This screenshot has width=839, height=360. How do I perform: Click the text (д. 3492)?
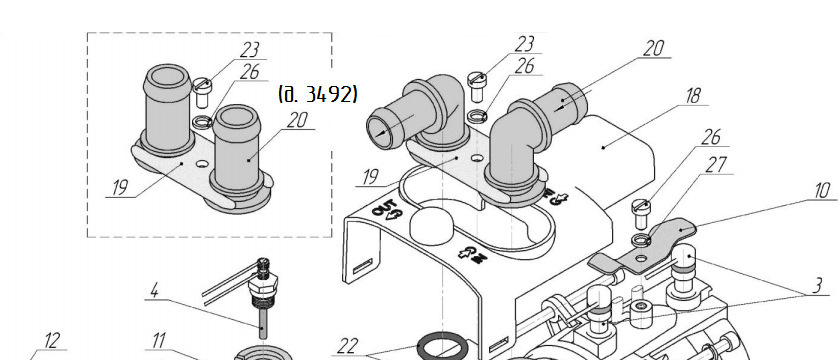tap(318, 94)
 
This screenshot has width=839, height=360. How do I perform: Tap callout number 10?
tap(822, 190)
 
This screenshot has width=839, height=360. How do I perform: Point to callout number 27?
tap(715, 165)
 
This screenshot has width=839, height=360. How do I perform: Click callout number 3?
tap(817, 285)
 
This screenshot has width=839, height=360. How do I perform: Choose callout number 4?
tap(154, 290)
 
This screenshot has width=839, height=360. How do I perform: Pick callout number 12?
tap(51, 341)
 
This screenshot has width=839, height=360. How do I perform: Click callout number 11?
tap(159, 341)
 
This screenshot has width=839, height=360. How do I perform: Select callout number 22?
tap(347, 346)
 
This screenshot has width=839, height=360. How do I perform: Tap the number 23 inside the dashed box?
tap(249, 50)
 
